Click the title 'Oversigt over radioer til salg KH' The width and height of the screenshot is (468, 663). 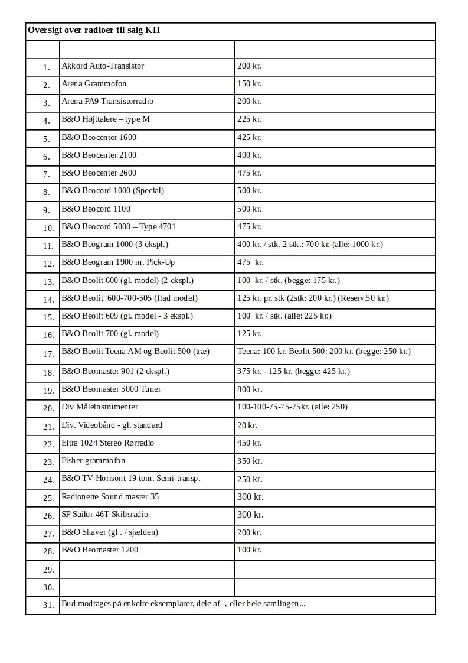tap(94, 30)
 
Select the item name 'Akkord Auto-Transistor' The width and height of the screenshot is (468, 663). tap(103, 66)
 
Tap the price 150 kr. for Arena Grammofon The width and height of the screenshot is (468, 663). tap(249, 83)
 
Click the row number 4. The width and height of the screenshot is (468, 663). tap(47, 121)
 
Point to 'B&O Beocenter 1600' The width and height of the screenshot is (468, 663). tap(99, 137)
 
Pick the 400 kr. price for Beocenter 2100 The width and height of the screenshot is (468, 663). tap(249, 155)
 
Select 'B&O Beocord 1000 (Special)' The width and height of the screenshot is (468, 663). tap(113, 190)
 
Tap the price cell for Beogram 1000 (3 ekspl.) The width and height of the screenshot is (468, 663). tap(310, 244)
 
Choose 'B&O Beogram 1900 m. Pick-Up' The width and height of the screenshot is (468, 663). tap(118, 262)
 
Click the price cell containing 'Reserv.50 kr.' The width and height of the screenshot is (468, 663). tap(313, 298)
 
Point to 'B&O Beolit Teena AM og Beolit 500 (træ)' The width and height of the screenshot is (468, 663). tap(135, 352)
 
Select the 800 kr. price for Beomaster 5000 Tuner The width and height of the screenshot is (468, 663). tap(250, 389)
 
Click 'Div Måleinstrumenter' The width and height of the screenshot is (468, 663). tap(100, 407)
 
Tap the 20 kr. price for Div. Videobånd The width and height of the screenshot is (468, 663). tap(247, 425)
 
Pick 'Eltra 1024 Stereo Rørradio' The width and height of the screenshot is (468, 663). tap(109, 443)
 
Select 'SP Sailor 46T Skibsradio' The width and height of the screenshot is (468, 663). tap(104, 514)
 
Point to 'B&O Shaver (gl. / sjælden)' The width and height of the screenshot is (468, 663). tap(110, 532)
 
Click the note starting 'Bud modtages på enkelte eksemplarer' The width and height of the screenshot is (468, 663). tap(183, 603)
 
